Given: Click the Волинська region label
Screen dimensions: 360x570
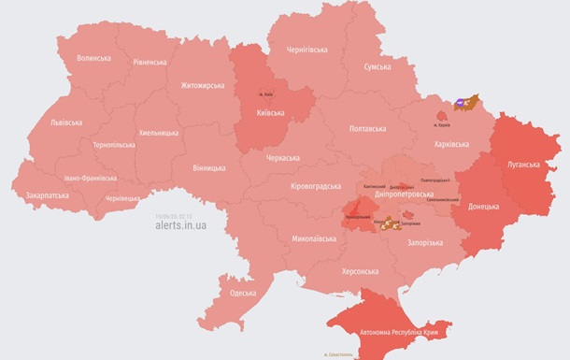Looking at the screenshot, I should [93, 58].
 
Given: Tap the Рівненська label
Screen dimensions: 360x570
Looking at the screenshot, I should [150, 63].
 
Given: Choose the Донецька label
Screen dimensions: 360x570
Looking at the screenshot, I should [483, 206].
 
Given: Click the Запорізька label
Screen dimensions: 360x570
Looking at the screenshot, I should [425, 242].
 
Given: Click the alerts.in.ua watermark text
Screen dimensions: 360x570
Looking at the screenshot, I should [181, 225].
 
